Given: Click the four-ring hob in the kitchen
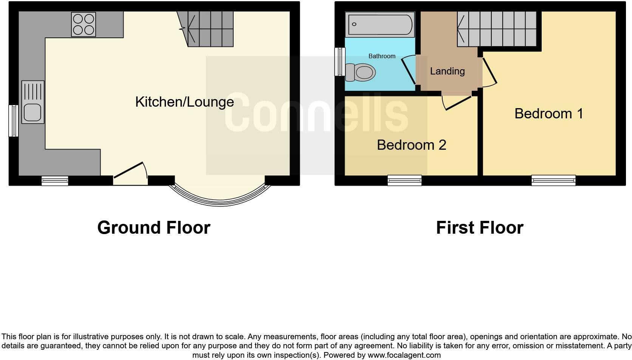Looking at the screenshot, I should (x=84, y=25).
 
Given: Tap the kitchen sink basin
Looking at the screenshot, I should (x=33, y=112).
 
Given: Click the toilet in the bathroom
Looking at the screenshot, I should (x=361, y=72).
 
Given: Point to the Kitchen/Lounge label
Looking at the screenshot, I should (x=184, y=102).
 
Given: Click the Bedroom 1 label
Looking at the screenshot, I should (x=548, y=113).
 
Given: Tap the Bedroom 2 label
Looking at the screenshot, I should (x=411, y=145).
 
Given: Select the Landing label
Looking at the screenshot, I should (x=447, y=71).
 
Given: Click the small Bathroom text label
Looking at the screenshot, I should (x=382, y=56).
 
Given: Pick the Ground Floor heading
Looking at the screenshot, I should (x=153, y=228).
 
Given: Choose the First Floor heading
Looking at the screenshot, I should (x=479, y=228).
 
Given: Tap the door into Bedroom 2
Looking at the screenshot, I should (x=458, y=102).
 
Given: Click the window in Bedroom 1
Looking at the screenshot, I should (x=553, y=180).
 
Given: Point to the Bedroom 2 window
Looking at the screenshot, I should (x=404, y=180).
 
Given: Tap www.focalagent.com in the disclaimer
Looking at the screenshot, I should (x=404, y=355).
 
